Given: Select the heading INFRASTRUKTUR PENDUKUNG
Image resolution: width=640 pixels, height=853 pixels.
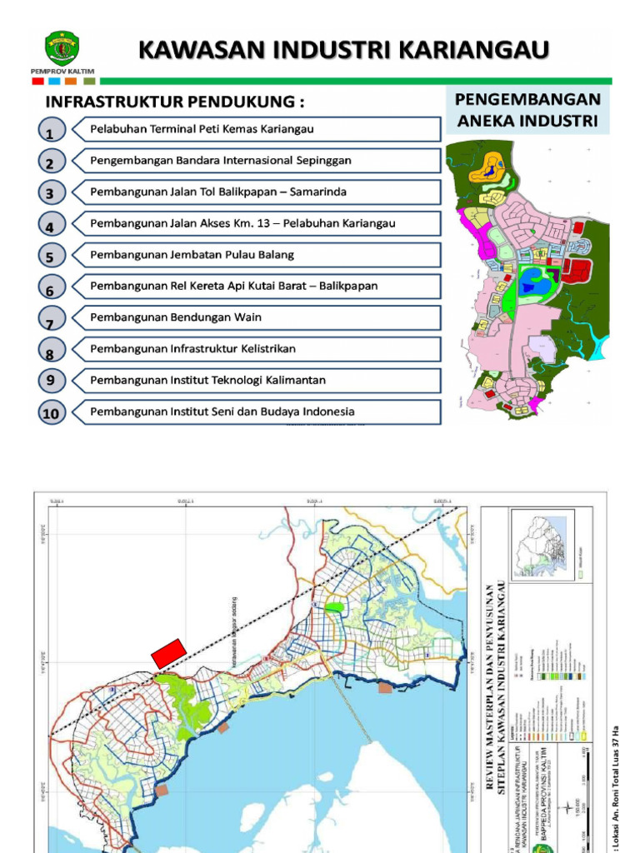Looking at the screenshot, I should [174, 102].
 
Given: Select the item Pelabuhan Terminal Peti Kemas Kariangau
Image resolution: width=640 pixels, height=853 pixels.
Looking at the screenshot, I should [202, 129].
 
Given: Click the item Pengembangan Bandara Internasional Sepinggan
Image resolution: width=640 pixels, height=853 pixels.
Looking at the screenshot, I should [221, 160].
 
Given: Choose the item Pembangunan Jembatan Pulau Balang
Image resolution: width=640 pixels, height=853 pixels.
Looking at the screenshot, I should [192, 254].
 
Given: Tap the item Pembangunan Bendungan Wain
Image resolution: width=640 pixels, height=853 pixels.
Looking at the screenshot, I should [176, 317].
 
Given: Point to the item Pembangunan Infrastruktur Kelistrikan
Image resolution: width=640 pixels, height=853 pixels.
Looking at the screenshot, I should [192, 348].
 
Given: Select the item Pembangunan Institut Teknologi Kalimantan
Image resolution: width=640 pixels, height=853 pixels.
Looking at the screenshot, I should [207, 380].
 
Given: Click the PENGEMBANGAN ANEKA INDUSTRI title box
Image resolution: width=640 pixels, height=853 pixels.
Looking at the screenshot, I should [527, 110].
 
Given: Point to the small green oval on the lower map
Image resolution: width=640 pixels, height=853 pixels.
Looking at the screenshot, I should [333, 607].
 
